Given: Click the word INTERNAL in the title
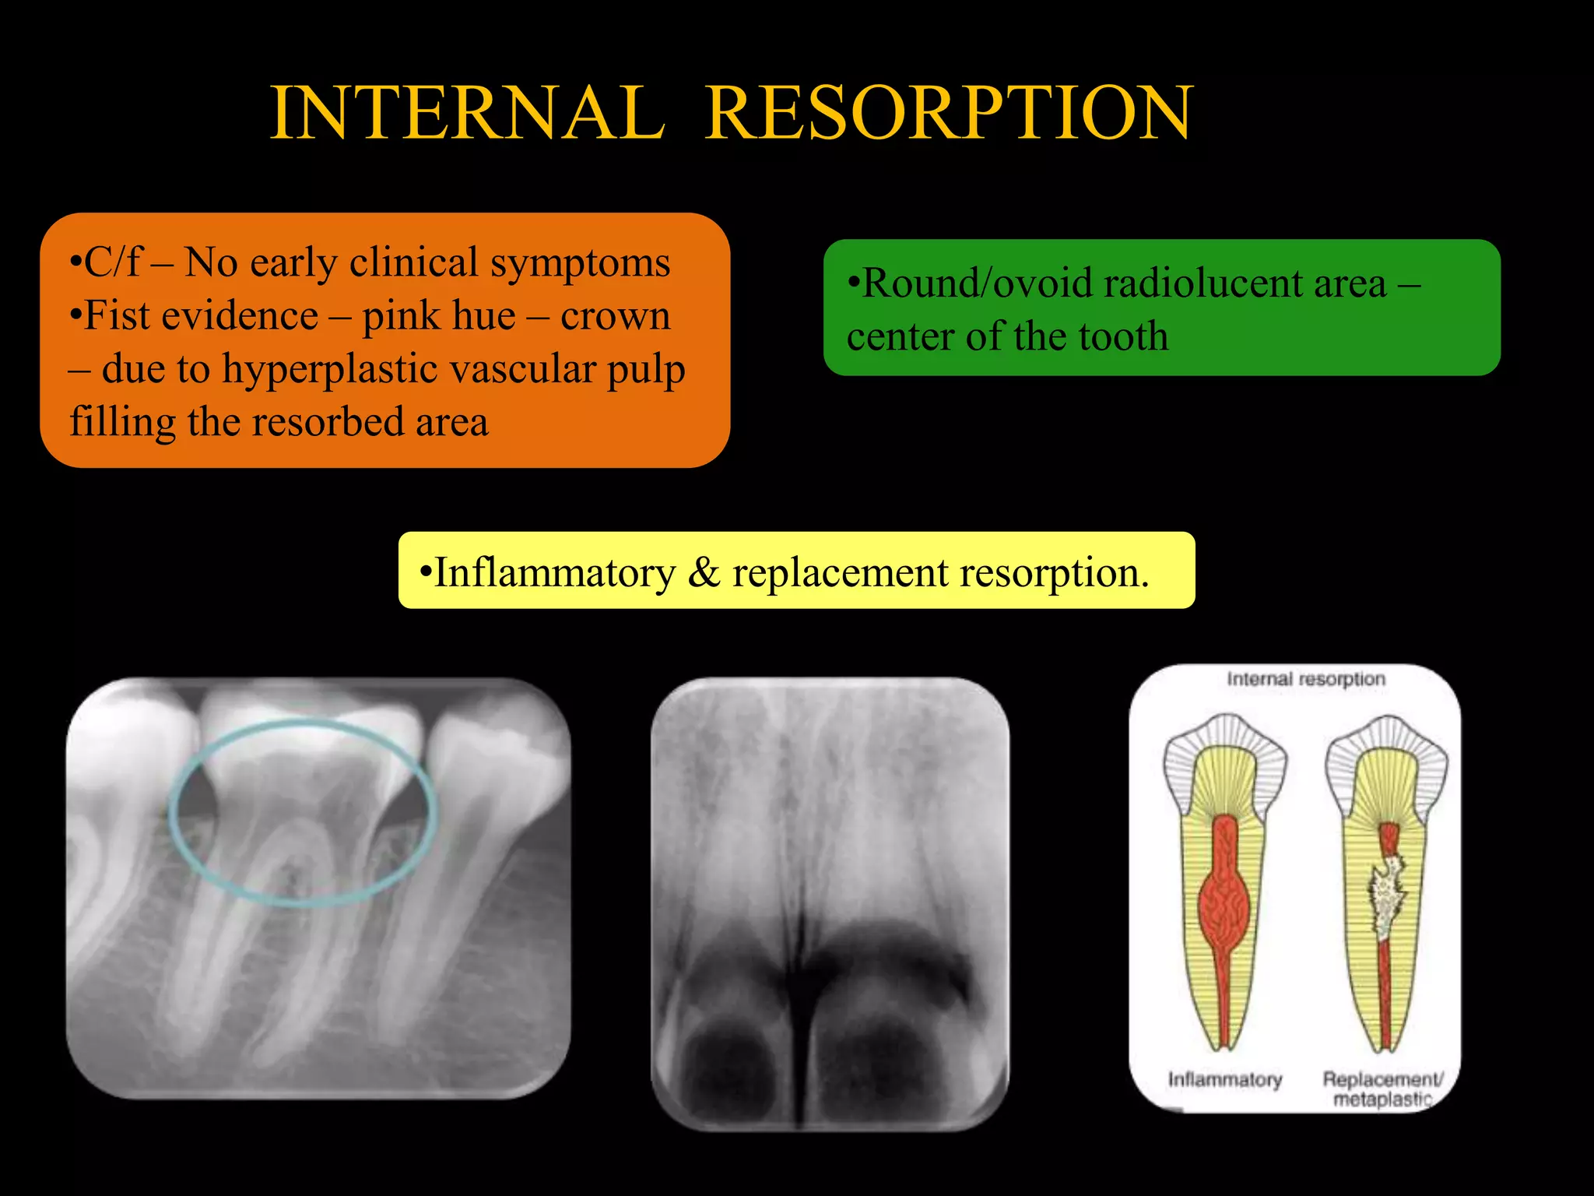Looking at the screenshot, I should [467, 114].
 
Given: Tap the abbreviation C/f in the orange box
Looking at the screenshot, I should [113, 262].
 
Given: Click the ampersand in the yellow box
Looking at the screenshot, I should [704, 573].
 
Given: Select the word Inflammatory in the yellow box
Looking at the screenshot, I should [554, 573].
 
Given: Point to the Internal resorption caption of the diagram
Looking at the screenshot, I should [1305, 679].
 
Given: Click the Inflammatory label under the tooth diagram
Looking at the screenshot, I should [1224, 1080].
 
